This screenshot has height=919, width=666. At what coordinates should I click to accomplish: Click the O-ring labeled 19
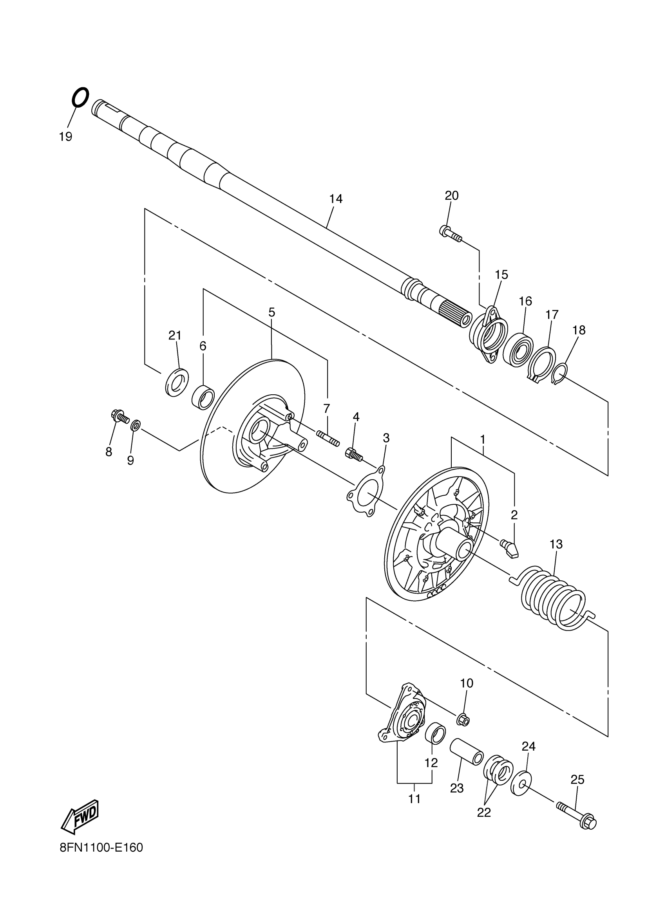point(80,97)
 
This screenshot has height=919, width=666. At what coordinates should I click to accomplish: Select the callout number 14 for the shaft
point(336,199)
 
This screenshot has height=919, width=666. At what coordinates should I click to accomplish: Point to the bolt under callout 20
point(450,233)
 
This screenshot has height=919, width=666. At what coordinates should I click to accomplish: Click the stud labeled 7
point(328,439)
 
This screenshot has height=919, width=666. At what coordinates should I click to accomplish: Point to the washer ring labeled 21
point(177,382)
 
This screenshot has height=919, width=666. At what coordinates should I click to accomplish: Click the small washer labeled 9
point(136,426)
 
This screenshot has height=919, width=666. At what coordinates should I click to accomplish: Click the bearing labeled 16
point(518,349)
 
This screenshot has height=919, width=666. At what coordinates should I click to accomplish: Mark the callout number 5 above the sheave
point(271,312)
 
